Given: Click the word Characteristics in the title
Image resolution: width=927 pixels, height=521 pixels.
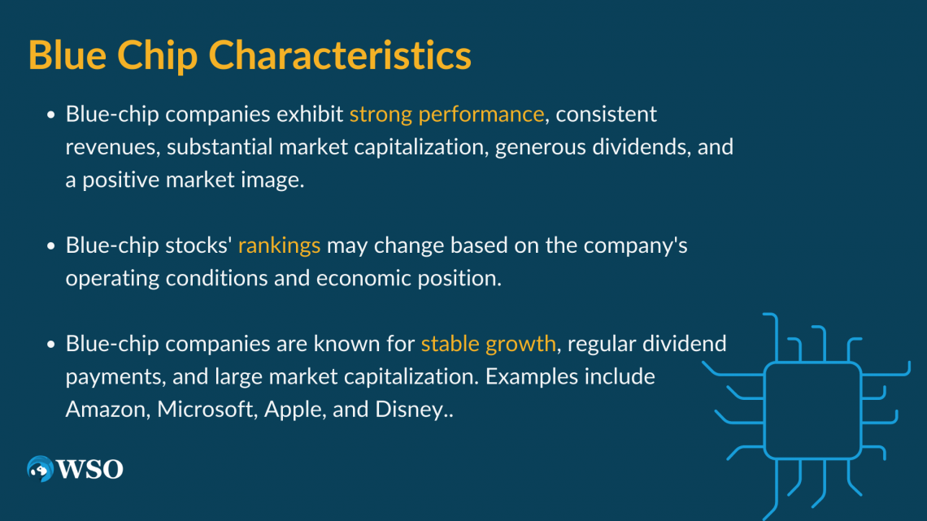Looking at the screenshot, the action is [x=340, y=55].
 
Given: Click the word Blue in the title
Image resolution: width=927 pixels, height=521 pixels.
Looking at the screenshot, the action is [x=67, y=55].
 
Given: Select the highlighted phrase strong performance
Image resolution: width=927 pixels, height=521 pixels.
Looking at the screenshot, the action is [x=446, y=115].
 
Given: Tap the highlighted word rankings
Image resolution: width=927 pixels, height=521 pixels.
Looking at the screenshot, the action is [x=279, y=245].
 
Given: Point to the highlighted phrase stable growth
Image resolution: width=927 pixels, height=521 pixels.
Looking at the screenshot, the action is [x=489, y=344].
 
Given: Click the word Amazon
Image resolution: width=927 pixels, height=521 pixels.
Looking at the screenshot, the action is [x=106, y=410].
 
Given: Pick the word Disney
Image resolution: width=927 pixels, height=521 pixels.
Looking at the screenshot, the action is [x=409, y=410].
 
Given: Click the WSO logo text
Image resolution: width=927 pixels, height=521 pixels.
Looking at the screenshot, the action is [x=90, y=470].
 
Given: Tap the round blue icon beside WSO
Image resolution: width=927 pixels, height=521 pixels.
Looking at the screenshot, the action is [x=40, y=469].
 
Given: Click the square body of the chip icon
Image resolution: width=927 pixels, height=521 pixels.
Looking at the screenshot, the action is [x=813, y=410].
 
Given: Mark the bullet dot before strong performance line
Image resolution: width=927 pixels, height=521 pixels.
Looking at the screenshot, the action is [x=51, y=115].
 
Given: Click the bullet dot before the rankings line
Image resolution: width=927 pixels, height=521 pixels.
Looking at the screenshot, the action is [x=51, y=245].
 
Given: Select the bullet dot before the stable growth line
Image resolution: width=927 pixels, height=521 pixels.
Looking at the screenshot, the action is [x=51, y=344].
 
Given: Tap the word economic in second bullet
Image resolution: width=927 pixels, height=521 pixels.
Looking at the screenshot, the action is [x=363, y=278].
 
